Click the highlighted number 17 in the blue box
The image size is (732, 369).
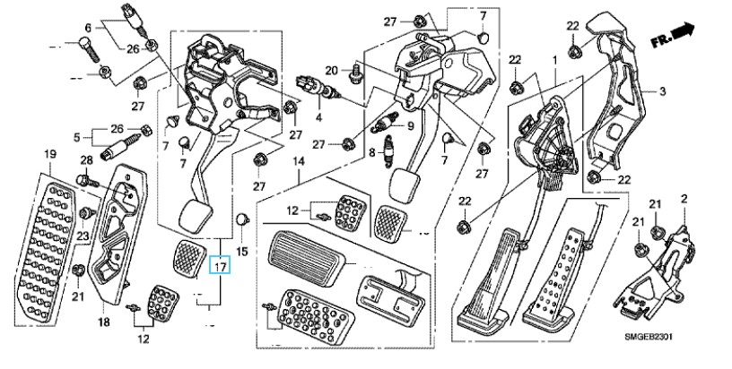220,267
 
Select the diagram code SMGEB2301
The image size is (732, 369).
649,336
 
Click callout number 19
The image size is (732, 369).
50,154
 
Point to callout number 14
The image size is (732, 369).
299,162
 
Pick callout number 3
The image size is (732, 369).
662,91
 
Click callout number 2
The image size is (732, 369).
684,200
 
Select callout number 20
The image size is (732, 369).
331,71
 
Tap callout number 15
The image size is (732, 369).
242,252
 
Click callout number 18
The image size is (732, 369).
104,322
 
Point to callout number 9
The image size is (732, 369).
410,125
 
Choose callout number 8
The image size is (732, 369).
372,152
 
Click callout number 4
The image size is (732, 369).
318,117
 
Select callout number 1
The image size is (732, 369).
555,60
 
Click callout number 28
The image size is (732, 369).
87,160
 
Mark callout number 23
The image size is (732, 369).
83,236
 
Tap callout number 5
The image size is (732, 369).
77,137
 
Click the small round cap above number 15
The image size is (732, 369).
242,218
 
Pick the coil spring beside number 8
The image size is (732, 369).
388,150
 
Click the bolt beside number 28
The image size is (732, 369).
87,180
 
